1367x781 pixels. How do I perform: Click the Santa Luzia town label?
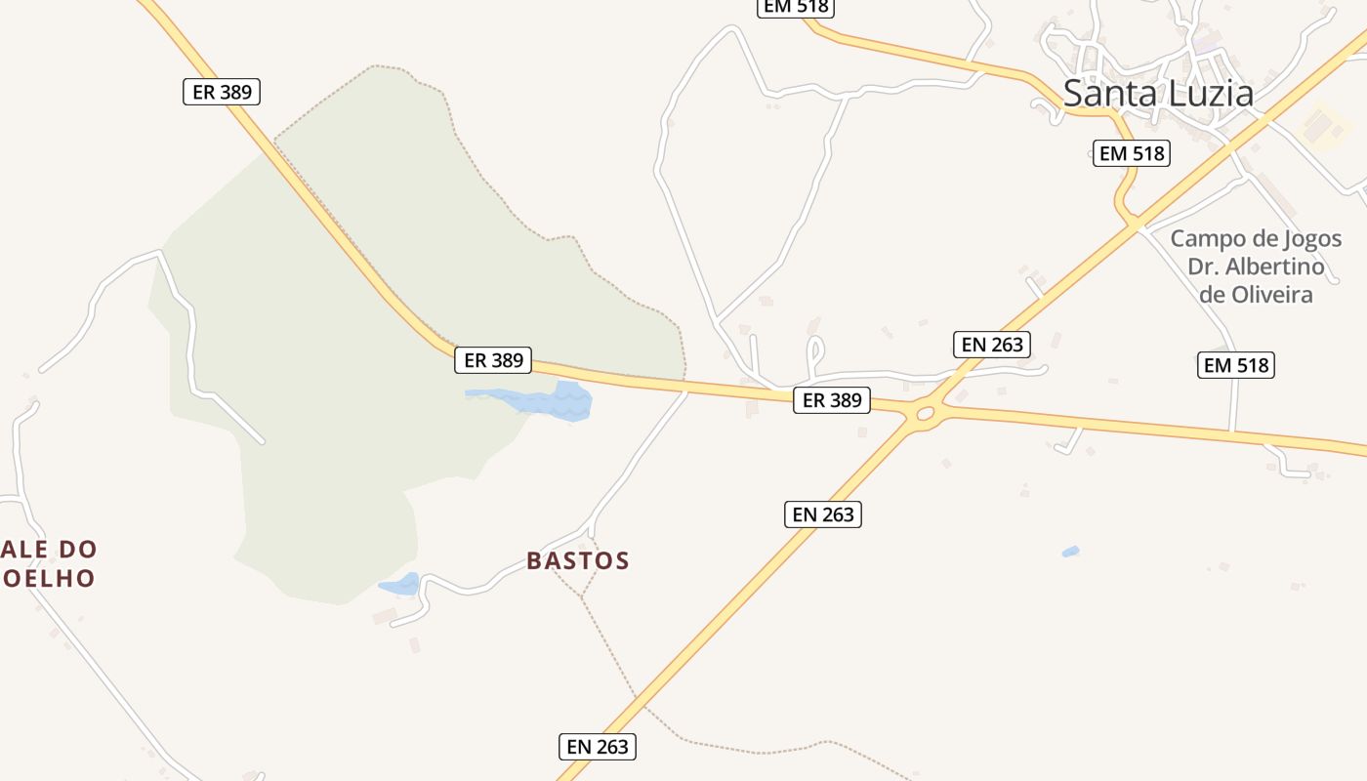(x=1158, y=94)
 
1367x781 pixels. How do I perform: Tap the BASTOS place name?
(x=578, y=560)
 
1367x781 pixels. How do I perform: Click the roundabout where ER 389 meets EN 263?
(x=924, y=414)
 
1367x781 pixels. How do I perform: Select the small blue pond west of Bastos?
(x=399, y=585)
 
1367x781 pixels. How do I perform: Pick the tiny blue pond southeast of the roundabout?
(x=1070, y=553)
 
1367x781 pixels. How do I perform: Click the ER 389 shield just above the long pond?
(x=494, y=360)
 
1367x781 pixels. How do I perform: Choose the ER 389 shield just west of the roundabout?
(x=832, y=399)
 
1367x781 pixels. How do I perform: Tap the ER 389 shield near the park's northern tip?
(x=222, y=92)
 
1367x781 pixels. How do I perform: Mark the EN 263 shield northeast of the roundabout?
(x=992, y=344)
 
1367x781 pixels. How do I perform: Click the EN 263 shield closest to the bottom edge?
(x=599, y=747)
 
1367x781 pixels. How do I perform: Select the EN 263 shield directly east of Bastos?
(x=823, y=514)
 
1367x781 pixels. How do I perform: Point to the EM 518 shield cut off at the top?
(x=796, y=7)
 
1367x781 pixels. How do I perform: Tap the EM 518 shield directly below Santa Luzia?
(x=1131, y=153)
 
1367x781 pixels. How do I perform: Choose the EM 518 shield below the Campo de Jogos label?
(x=1236, y=365)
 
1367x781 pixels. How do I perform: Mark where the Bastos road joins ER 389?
(x=686, y=390)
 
